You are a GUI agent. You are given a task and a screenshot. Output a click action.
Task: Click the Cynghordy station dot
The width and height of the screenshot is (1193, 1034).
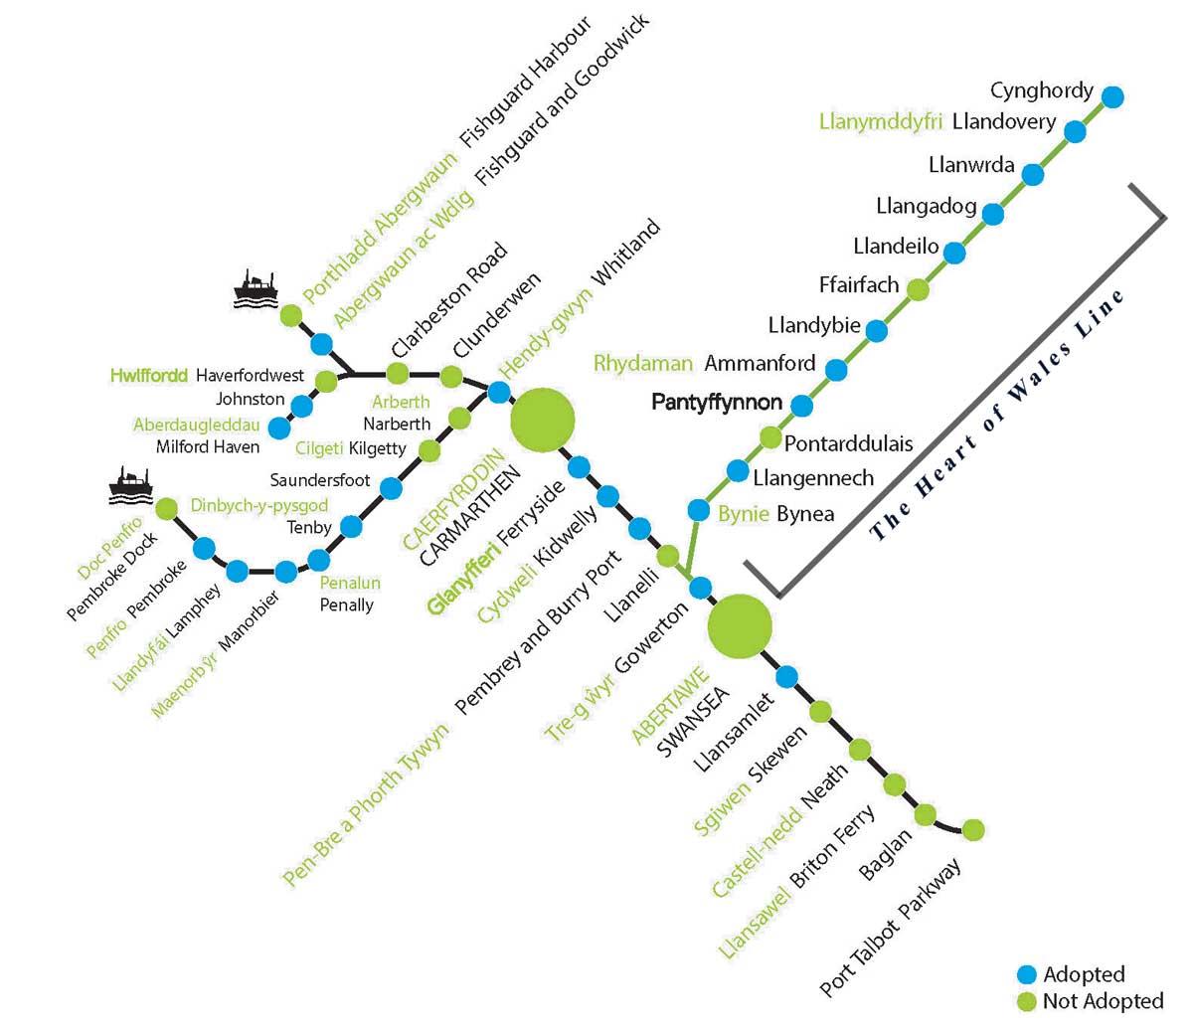point(1113,96)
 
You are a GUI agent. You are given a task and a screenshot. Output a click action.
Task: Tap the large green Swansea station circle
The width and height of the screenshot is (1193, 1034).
point(740,626)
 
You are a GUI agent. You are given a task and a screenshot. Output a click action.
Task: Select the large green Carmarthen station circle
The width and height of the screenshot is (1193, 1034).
point(542,421)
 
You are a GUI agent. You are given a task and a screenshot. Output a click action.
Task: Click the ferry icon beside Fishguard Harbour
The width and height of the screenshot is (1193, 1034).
point(256,289)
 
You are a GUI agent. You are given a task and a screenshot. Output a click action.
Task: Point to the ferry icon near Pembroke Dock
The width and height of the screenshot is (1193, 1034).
point(130,483)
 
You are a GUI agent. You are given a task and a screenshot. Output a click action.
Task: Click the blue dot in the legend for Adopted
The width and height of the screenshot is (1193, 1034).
point(1027,974)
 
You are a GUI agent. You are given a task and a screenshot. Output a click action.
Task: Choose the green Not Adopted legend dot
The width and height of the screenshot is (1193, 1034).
point(1027,1001)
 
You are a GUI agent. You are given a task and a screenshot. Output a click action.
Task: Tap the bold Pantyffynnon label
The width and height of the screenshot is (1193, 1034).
point(717,403)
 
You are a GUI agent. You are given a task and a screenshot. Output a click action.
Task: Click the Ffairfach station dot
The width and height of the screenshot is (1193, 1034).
point(918,290)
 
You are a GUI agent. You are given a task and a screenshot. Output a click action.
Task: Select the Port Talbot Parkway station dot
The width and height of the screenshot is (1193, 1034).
point(973,829)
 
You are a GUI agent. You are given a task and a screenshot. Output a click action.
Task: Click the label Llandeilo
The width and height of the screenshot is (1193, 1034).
point(896,246)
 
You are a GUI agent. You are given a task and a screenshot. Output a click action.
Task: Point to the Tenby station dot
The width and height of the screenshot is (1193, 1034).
point(351,526)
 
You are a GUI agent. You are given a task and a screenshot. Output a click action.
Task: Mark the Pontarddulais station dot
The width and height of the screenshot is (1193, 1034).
point(770,436)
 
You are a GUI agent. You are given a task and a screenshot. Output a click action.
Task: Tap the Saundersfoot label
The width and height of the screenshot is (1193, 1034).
point(320,480)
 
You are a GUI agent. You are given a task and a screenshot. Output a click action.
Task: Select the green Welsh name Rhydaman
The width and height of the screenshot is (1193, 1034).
point(642,363)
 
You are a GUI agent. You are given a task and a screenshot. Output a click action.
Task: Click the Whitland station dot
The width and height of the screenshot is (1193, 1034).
point(499,392)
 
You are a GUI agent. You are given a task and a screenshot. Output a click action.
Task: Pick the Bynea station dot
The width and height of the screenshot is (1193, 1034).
point(700,511)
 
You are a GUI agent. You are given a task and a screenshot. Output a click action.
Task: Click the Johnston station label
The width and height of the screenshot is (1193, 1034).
point(251,399)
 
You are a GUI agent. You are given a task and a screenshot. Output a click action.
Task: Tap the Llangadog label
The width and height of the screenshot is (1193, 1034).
point(927,206)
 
